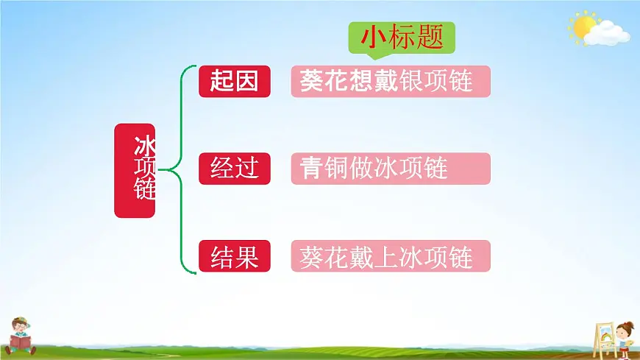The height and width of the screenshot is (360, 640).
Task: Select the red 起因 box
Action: point(235,81)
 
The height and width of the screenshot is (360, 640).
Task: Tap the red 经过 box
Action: point(235,169)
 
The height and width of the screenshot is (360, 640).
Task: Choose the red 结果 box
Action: point(235,257)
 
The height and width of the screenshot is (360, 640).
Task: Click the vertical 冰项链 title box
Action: point(135,170)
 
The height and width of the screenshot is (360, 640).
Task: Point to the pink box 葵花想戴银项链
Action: point(390,81)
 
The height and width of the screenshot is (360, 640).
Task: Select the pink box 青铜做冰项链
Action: point(390,169)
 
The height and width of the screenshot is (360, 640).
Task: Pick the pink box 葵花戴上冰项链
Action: point(390,257)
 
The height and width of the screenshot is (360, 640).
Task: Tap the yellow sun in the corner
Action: point(583,27)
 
